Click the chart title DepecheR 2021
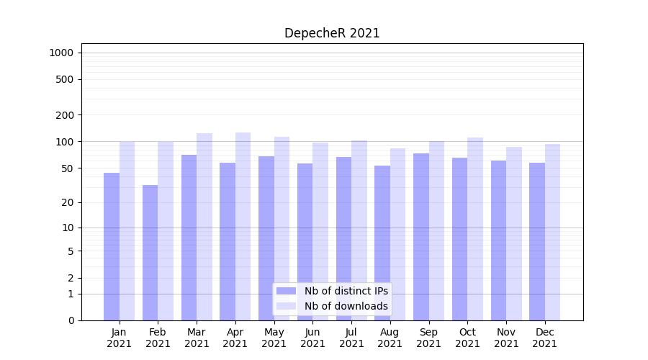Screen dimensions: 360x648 pos(332,33)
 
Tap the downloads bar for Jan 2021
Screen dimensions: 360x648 pos(127,230)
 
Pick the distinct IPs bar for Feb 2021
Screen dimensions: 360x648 pos(150,252)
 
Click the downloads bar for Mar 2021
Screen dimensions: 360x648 pos(204,227)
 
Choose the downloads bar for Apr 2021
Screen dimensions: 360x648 pos(243,226)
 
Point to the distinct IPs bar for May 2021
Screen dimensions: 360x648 pos(266,238)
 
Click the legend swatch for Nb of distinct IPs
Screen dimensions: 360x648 pos(286,291)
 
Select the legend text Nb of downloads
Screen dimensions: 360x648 pos(346,306)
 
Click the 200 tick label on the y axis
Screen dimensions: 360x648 pos(66,115)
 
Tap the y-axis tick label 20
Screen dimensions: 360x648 pos(68,202)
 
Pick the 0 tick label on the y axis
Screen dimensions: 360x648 pos(71,320)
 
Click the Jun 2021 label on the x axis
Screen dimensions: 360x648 pos(312,338)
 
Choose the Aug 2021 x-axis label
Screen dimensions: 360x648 pos(390,338)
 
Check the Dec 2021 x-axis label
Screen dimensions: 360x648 pos(545,338)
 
